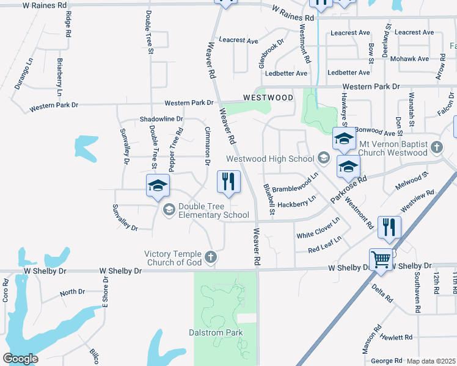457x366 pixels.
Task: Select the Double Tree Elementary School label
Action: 213,210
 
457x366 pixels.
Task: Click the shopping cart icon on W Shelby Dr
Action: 381,259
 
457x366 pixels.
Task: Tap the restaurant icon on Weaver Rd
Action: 229,182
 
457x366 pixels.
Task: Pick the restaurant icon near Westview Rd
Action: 389,227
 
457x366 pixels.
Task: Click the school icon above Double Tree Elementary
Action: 158,185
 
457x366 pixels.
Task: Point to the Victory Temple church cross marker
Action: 211,257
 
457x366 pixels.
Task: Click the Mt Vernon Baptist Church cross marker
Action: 436,147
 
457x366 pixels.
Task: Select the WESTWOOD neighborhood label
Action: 268,98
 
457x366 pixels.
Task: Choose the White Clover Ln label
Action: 318,228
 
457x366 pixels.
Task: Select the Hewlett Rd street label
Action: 395,337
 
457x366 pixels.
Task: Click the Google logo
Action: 20,358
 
